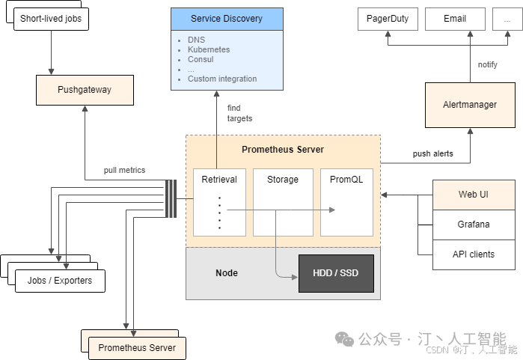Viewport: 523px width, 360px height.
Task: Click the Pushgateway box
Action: (85, 90)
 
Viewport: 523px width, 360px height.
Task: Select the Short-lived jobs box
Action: (51, 18)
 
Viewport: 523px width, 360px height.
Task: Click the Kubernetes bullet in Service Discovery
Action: (209, 49)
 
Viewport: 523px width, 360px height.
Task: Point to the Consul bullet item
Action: (201, 59)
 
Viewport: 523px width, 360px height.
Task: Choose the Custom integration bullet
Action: (222, 79)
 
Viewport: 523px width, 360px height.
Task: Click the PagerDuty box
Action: (388, 19)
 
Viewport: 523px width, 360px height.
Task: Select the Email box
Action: (455, 19)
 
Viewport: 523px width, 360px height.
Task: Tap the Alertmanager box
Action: (470, 105)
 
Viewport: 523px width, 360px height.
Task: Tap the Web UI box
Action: (474, 195)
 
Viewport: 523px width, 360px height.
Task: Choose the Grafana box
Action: (474, 225)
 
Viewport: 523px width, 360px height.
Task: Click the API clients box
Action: (474, 254)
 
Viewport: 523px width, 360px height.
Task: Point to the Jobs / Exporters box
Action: (61, 281)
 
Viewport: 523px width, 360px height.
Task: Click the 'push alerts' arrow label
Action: (433, 153)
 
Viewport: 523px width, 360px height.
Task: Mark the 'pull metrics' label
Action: (125, 171)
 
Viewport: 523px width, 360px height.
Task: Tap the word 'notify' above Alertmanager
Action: (488, 65)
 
